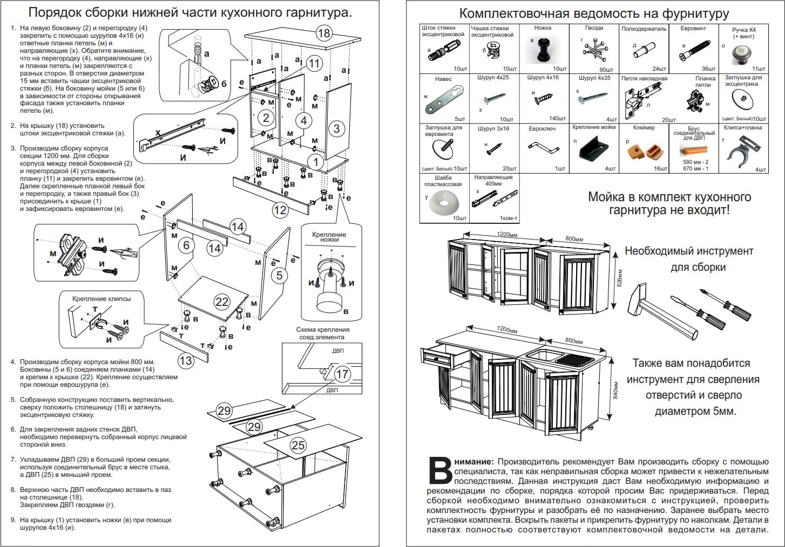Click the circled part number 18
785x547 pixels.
click(323, 33)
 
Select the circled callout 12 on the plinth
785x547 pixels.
click(280, 209)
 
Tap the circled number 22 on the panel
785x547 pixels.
click(222, 302)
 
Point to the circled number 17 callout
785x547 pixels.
click(342, 374)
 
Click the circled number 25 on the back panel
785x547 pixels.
click(298, 445)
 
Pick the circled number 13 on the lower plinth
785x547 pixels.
click(185, 360)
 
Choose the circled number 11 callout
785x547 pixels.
click(314, 63)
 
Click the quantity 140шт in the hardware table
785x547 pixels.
click(556, 119)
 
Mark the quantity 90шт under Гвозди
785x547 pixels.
click(606, 70)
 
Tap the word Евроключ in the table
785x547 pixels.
click(542, 129)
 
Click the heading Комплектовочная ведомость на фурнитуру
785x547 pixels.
click(594, 13)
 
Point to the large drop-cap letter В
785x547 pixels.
click(440, 471)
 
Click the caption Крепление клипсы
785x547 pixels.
click(101, 298)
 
